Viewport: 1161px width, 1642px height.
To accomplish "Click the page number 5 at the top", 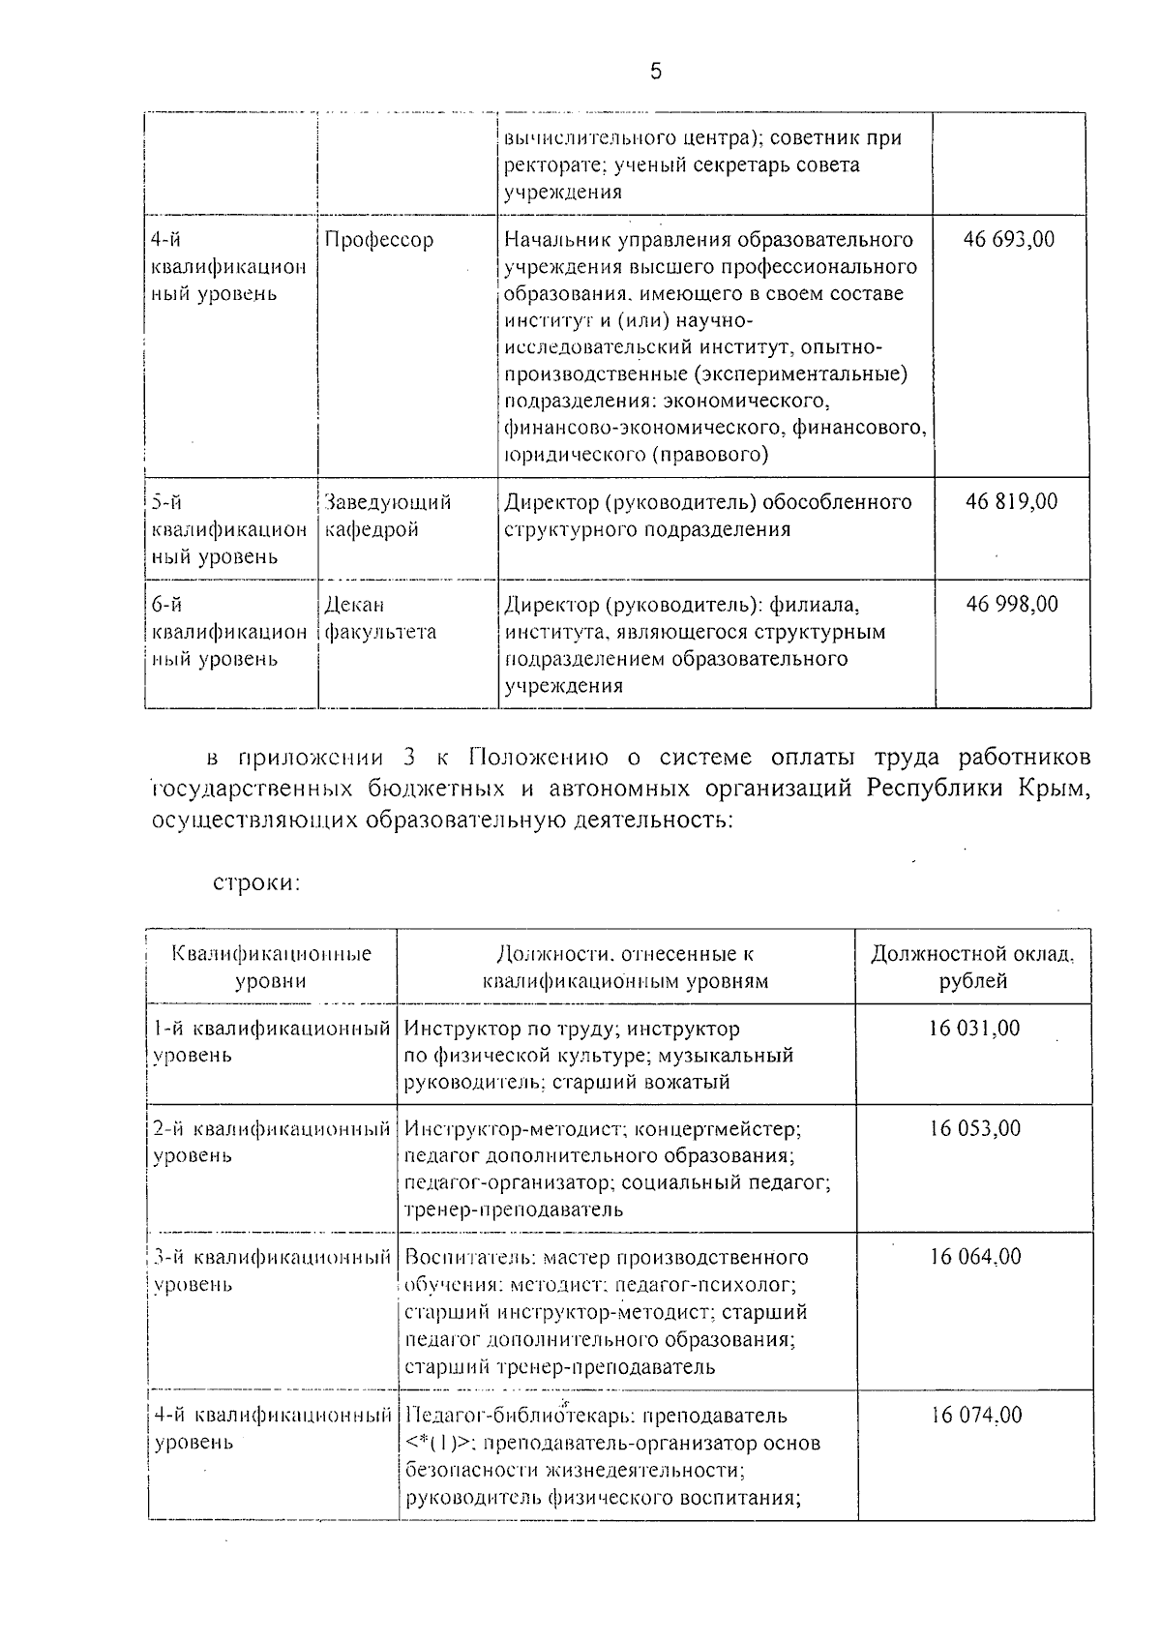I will click(x=655, y=72).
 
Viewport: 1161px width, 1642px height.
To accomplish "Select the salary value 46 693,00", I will click(x=1009, y=240).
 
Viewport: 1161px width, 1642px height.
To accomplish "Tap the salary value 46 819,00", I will click(x=1011, y=501).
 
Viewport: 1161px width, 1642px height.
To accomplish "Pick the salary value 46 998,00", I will click(x=1012, y=605).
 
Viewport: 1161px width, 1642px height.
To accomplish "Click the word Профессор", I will click(x=378, y=240).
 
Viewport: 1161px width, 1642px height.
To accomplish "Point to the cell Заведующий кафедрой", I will click(x=387, y=516).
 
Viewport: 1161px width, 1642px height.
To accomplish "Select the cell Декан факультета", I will click(x=380, y=618).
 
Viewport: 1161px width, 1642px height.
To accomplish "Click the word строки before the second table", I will click(x=256, y=882).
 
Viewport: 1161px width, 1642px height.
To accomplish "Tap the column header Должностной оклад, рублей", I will click(x=973, y=968).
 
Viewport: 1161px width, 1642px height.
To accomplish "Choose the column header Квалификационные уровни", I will click(x=271, y=968).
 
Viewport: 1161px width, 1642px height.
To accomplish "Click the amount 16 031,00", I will click(x=974, y=1028).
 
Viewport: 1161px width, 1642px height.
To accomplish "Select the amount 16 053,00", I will click(x=975, y=1128).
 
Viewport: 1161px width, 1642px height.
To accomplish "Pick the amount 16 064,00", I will click(x=975, y=1257).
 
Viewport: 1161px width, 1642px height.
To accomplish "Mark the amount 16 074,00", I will click(x=976, y=1415).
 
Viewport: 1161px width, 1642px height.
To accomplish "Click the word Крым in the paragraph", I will click(x=1053, y=788).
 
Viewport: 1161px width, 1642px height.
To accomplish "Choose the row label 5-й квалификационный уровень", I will click(x=228, y=529).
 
